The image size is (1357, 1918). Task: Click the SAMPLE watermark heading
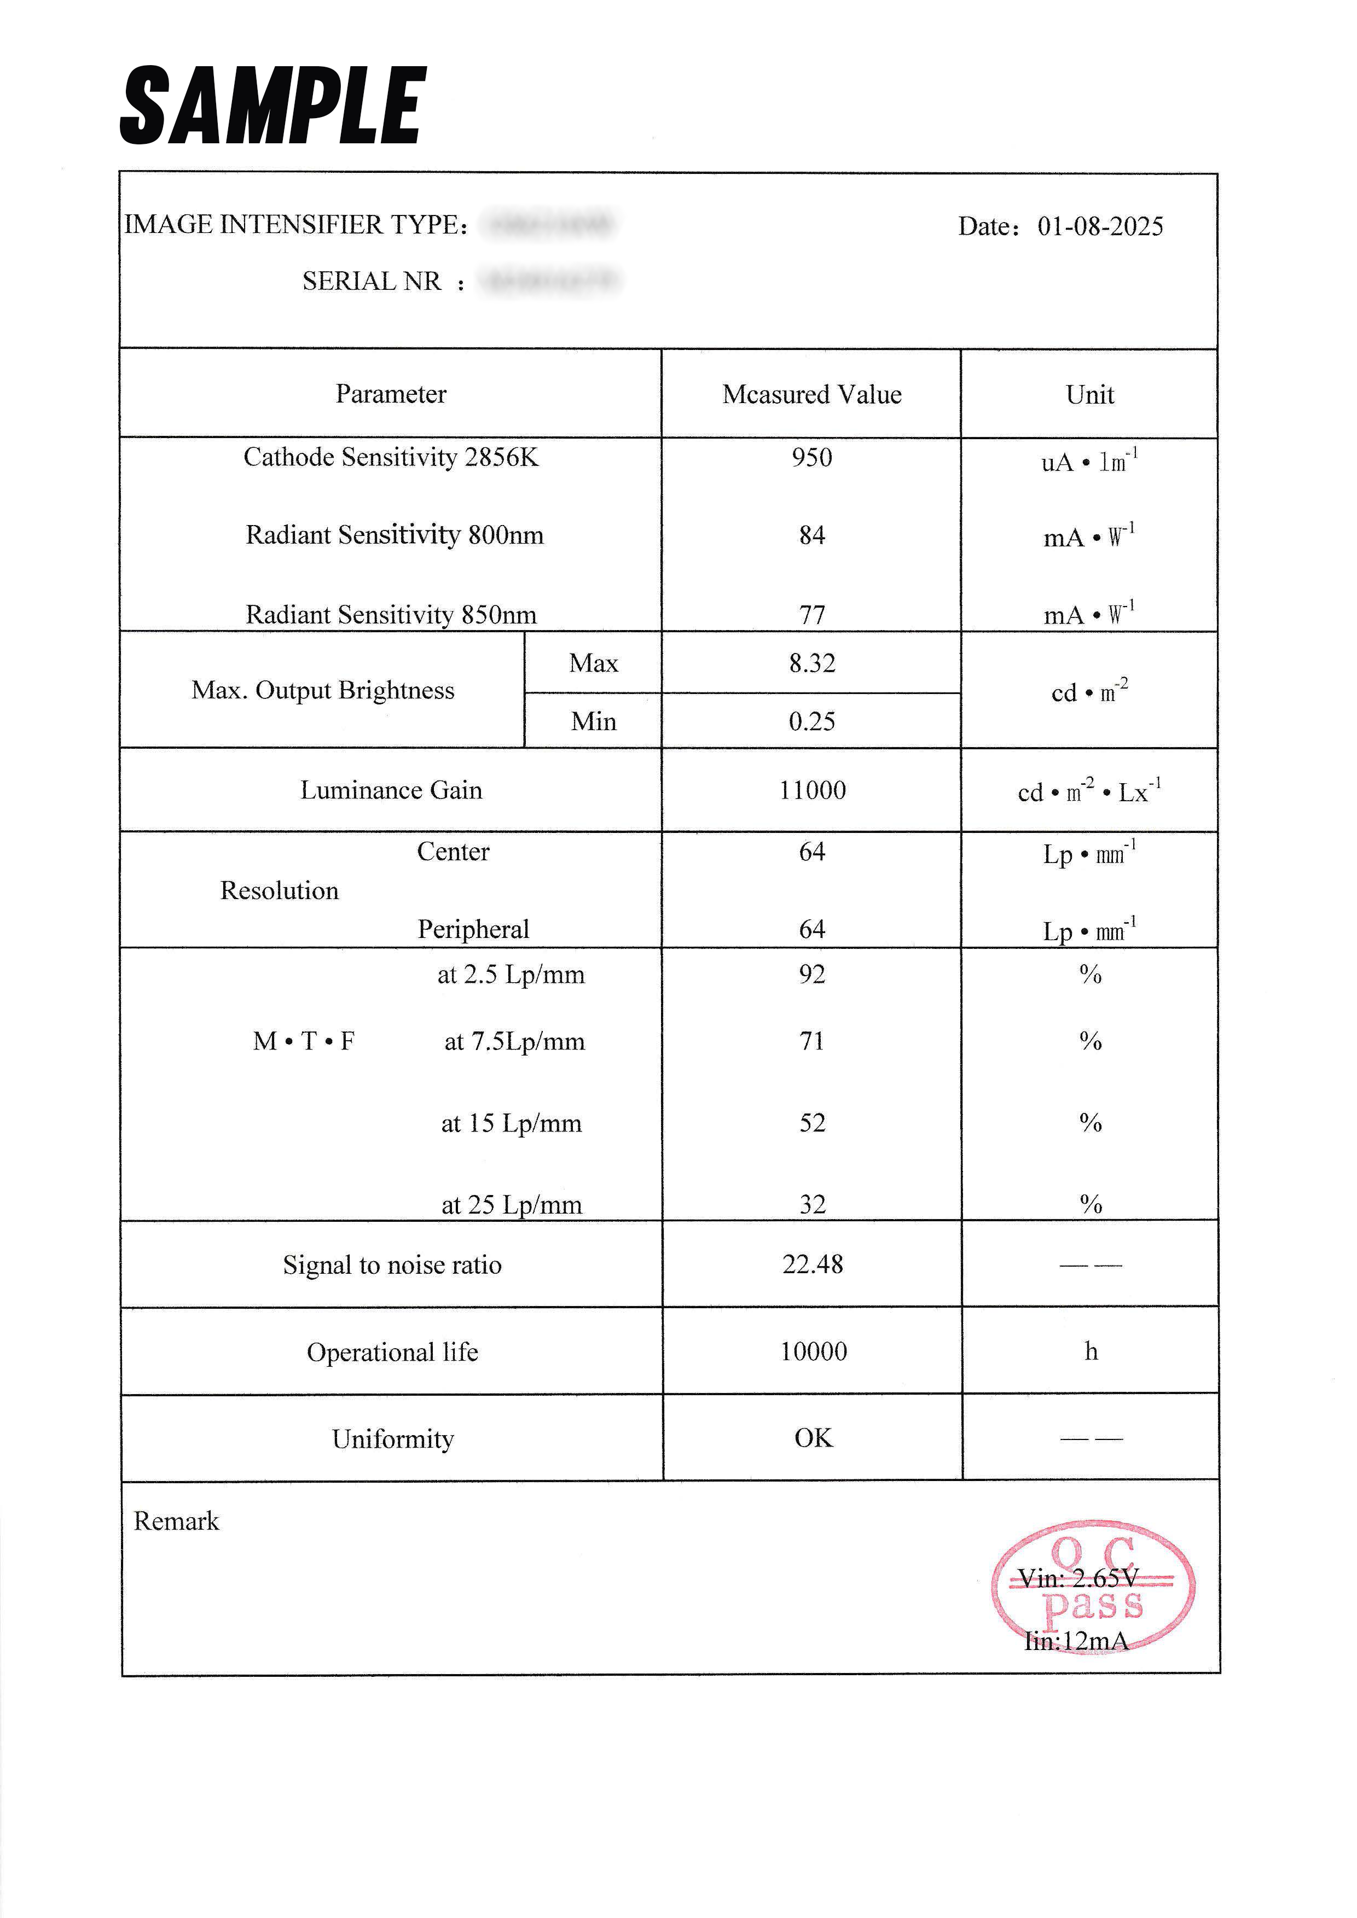point(273,106)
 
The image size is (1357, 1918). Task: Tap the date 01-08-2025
point(1100,226)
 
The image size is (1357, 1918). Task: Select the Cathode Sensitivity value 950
point(811,458)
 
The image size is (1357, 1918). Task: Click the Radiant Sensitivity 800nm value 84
point(811,535)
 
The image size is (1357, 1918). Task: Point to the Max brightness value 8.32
point(811,663)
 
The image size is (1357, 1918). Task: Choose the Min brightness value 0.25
point(811,722)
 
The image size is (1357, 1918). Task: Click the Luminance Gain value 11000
point(812,790)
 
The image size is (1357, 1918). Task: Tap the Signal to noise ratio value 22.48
point(812,1265)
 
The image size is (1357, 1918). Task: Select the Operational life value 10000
point(813,1351)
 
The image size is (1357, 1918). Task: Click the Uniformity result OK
point(813,1438)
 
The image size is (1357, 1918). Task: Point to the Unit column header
point(1089,395)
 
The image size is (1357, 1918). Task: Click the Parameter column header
point(391,394)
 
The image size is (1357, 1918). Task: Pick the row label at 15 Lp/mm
point(512,1123)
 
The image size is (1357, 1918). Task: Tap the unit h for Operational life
point(1091,1351)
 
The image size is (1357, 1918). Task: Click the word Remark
point(176,1521)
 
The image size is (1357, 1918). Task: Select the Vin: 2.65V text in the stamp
point(1078,1578)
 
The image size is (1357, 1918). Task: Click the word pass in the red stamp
point(1092,1606)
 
